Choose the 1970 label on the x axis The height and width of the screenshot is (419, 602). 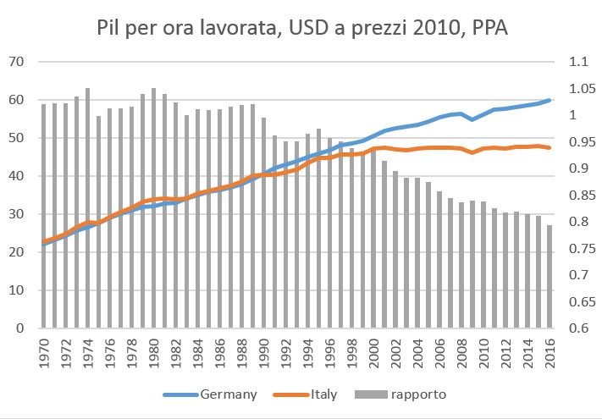coord(44,349)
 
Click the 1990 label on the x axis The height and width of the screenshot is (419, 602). coord(264,349)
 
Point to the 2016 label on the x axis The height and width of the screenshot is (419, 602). coord(550,349)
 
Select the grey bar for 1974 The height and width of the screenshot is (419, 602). coord(88,212)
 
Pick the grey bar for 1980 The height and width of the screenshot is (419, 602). coord(154,212)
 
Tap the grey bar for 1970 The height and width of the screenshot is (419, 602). coord(44,220)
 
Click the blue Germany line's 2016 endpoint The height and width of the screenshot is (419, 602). coord(550,100)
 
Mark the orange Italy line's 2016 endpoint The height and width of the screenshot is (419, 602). coord(550,148)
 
